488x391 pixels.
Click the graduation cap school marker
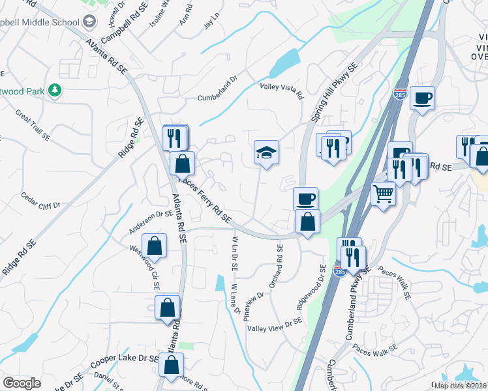click(266, 153)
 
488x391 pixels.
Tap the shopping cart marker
click(384, 192)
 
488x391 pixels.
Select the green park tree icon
click(57, 90)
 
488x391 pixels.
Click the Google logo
click(22, 383)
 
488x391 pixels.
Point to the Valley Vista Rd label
click(282, 91)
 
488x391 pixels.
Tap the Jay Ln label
click(209, 24)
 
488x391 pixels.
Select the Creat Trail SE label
click(33, 125)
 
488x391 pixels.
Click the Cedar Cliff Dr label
click(40, 200)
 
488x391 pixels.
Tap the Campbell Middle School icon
click(89, 23)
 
